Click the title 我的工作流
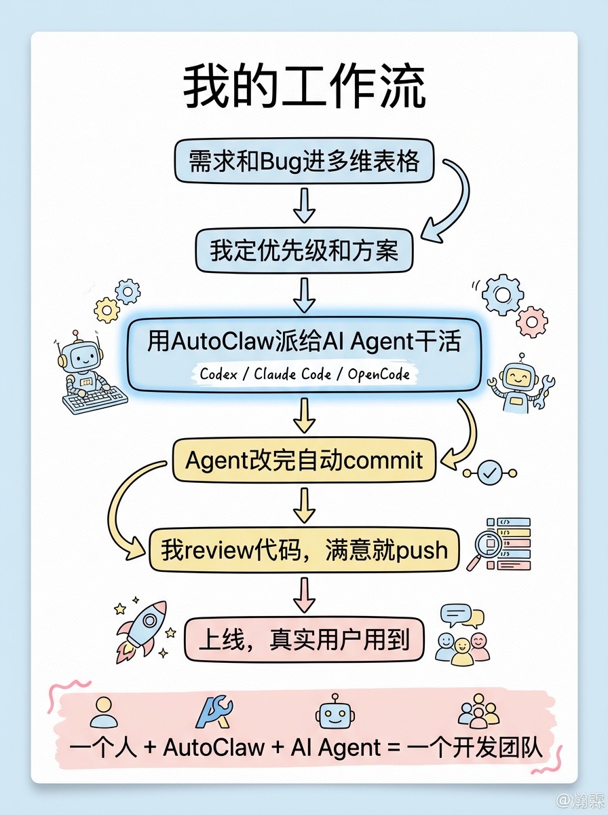304,86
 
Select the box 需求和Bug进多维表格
304,162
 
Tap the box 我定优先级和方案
304,251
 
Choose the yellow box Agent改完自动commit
304,461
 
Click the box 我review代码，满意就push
304,549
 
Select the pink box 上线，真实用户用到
304,639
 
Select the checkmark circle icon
489,472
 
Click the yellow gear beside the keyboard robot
107,310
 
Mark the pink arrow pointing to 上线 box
304,595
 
